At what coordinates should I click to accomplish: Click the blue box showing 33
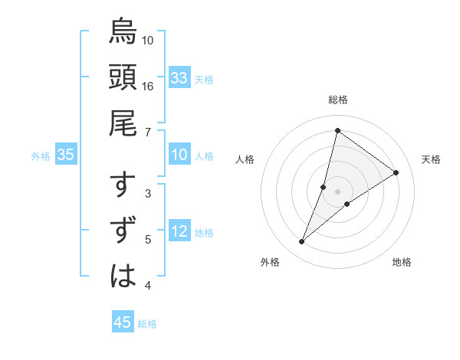click(x=179, y=78)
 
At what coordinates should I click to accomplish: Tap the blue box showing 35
click(x=66, y=155)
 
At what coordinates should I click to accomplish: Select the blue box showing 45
click(x=123, y=322)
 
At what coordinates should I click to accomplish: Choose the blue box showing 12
click(x=179, y=232)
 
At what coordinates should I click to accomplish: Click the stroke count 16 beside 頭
click(x=147, y=86)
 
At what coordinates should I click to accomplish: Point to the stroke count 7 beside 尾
click(x=147, y=132)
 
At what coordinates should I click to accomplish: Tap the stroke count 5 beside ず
click(x=147, y=240)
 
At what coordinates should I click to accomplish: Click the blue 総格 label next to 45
click(x=147, y=324)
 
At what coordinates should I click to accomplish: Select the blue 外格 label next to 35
click(x=41, y=156)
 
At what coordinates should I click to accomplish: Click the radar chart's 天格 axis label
click(x=431, y=159)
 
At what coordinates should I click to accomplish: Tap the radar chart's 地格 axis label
click(x=402, y=263)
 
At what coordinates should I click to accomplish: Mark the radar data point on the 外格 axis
click(x=301, y=242)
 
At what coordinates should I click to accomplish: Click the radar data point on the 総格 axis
click(x=337, y=130)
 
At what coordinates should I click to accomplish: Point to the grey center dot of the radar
click(x=337, y=191)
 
